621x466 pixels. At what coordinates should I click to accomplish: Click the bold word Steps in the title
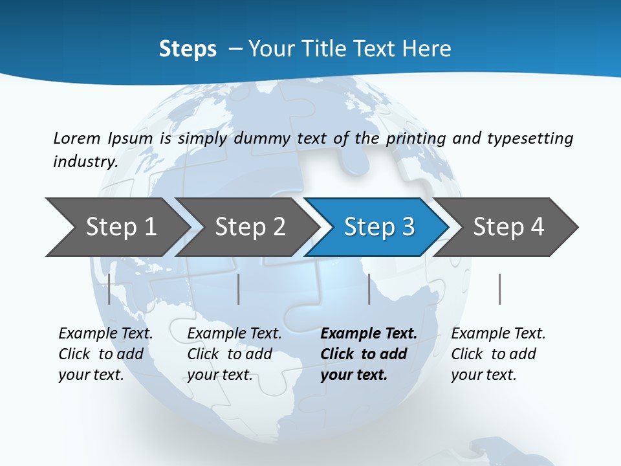[188, 49]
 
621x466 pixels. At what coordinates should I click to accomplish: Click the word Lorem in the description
[77, 138]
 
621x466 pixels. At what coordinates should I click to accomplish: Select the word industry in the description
[85, 162]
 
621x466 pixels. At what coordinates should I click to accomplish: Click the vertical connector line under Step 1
[109, 289]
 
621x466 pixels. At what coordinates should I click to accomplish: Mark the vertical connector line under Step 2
[239, 289]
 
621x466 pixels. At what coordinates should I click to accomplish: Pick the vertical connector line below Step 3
[369, 289]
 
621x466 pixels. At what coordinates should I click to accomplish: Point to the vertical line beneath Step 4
[499, 289]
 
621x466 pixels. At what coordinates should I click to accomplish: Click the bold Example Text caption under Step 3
[369, 354]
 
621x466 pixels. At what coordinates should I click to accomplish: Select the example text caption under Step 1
[105, 354]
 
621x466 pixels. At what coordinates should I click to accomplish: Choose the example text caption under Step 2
[234, 354]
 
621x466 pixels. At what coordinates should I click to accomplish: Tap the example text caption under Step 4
[498, 354]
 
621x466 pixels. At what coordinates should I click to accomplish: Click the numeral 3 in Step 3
[408, 227]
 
